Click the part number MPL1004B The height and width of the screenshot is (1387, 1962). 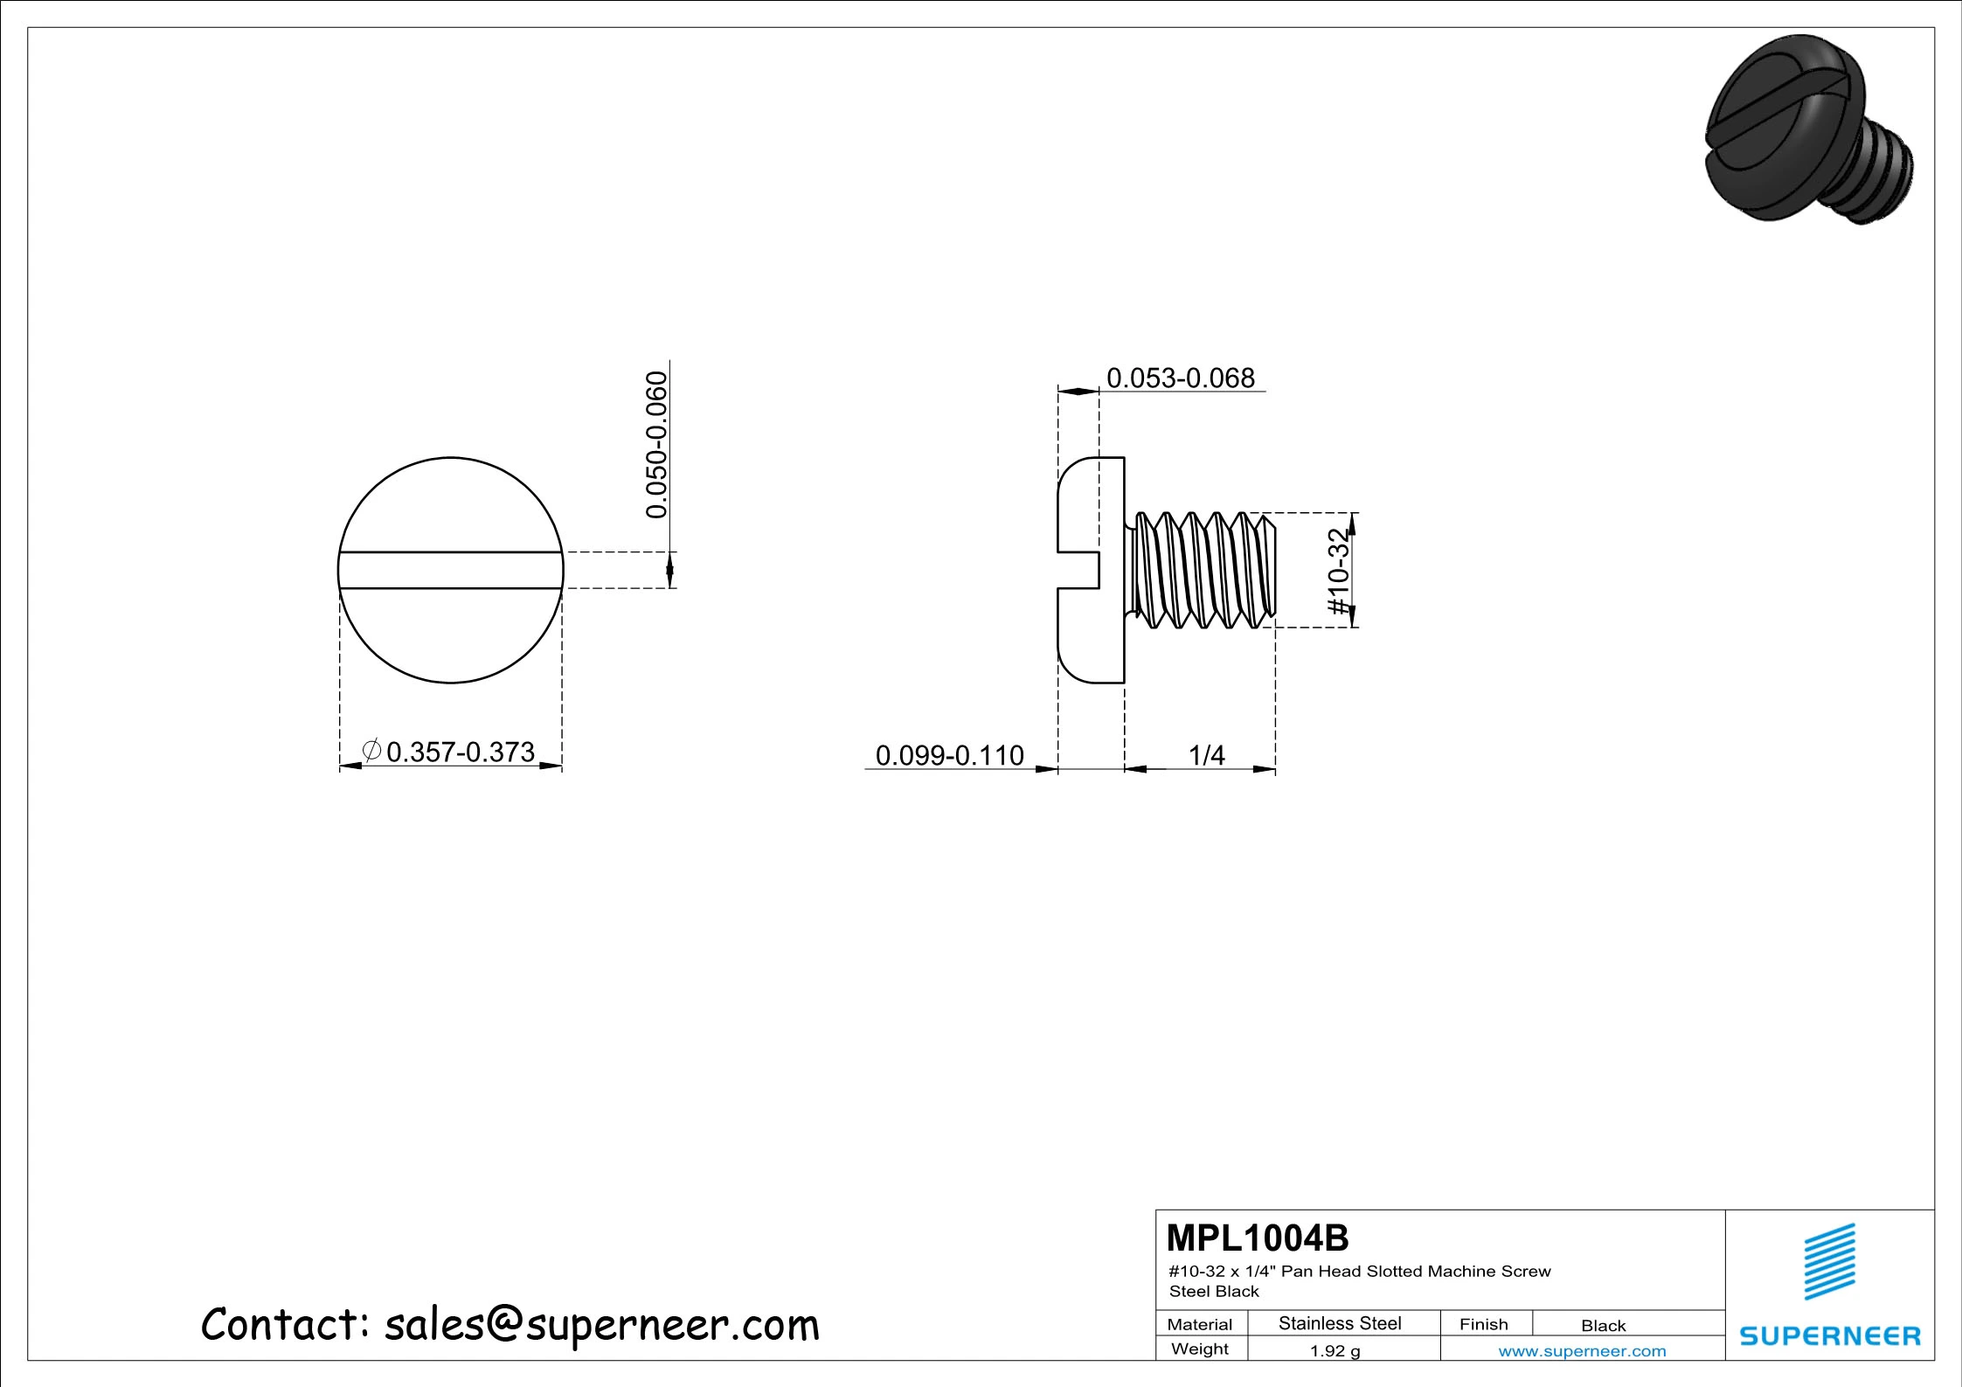tap(1258, 1238)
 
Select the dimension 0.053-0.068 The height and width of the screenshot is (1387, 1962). tap(1180, 378)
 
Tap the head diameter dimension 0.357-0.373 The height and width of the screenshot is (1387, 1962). tap(460, 752)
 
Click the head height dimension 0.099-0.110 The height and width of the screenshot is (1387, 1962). tap(949, 755)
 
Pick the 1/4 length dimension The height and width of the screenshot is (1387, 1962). tap(1207, 755)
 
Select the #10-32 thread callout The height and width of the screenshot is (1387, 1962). tap(1338, 572)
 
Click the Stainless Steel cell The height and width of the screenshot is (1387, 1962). tap(1339, 1323)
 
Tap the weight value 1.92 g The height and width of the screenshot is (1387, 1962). tap(1335, 1351)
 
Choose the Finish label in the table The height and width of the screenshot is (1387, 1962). tap(1483, 1324)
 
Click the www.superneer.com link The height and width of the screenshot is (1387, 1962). tap(1582, 1351)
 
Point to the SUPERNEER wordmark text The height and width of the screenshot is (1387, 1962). tap(1830, 1335)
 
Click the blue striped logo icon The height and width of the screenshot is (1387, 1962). tap(1830, 1261)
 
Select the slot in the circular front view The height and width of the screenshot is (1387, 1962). tap(450, 570)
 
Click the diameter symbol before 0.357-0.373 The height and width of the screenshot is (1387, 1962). tap(371, 750)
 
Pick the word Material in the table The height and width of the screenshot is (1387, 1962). tap(1199, 1325)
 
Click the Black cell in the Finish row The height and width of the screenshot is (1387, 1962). tap(1603, 1326)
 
